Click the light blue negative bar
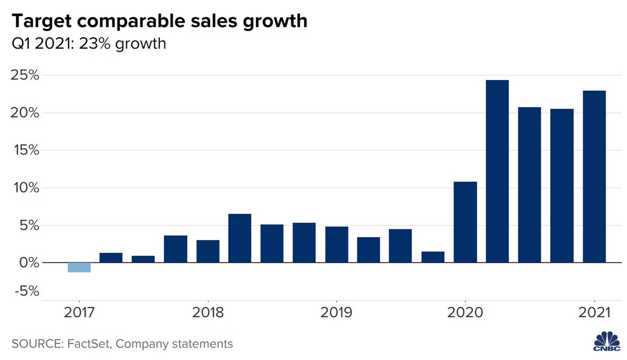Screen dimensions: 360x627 pyautogui.click(x=79, y=267)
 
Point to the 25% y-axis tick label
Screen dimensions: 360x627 pyautogui.click(x=25, y=75)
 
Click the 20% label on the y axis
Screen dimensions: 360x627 pyautogui.click(x=25, y=113)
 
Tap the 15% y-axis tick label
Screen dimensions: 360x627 pyautogui.click(x=25, y=150)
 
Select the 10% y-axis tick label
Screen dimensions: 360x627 pyautogui.click(x=25, y=188)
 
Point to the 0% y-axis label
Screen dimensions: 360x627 pyautogui.click(x=28, y=262)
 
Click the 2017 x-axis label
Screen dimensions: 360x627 pyautogui.click(x=79, y=312)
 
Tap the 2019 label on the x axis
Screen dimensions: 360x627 pyautogui.click(x=336, y=312)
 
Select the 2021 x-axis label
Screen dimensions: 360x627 pyautogui.click(x=594, y=312)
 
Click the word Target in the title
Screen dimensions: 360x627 pyautogui.click(x=37, y=21)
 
